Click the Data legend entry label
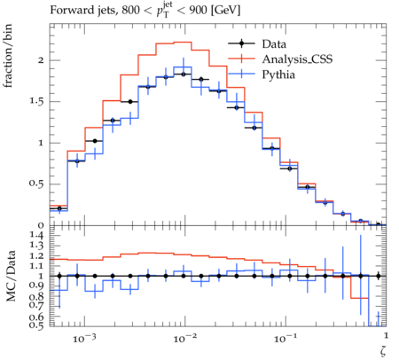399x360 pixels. tap(274, 44)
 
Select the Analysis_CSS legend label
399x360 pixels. tap(297, 59)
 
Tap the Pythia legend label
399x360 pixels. tap(278, 74)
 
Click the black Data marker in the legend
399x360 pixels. tap(241, 43)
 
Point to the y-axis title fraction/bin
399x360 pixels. tap(8, 56)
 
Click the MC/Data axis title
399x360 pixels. tap(11, 276)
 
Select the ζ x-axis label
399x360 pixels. tap(383, 350)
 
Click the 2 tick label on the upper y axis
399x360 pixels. tap(41, 60)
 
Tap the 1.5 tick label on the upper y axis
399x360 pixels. tap(36, 101)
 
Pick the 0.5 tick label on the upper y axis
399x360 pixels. tap(36, 184)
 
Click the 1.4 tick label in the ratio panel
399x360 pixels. tap(36, 236)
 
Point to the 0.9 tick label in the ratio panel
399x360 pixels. tap(36, 286)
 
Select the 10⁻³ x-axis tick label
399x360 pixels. tap(84, 338)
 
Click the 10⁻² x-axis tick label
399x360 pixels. tap(184, 338)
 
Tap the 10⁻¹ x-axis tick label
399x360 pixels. tap(286, 338)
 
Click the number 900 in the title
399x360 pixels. tap(198, 11)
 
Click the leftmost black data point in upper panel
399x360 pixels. tap(59, 208)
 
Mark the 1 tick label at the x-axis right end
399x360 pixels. tap(386, 336)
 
